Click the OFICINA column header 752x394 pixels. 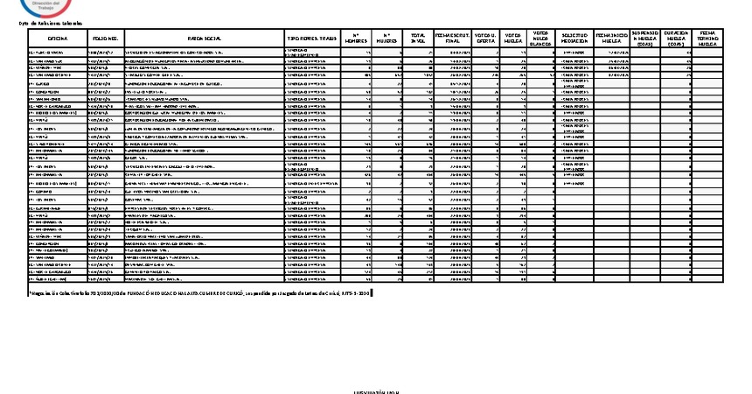point(58,39)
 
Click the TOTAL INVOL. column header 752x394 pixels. point(418,39)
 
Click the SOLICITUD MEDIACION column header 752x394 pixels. point(574,39)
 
